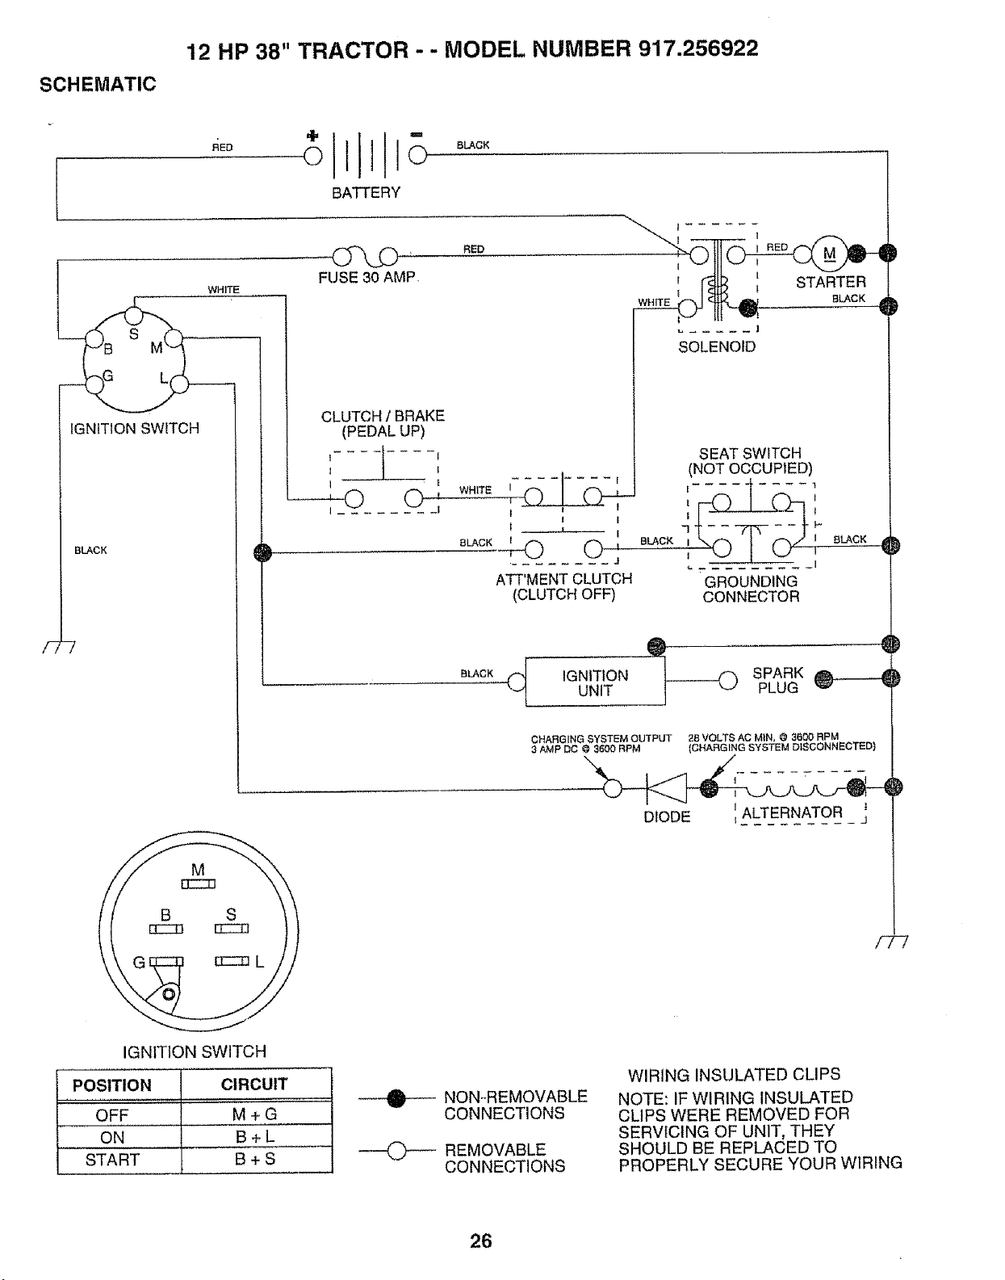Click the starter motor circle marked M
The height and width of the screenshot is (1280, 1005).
point(829,254)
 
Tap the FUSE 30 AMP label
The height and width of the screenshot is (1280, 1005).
point(366,278)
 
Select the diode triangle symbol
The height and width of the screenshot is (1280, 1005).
point(667,787)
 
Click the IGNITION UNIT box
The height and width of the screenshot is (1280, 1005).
point(595,682)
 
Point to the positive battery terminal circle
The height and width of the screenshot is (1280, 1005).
point(312,156)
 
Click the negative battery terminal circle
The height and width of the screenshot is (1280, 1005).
point(417,155)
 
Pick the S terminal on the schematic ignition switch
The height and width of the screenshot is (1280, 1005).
point(134,317)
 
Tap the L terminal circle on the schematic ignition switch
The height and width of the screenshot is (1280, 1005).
point(179,384)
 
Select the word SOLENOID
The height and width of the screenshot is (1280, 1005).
point(717,346)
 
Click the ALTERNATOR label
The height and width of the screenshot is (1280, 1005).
point(792,813)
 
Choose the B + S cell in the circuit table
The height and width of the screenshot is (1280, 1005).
point(256,1159)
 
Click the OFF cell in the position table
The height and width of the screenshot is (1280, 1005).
point(112,1115)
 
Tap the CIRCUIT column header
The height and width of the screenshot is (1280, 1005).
point(254,1084)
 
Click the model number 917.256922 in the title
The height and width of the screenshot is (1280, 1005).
point(698,48)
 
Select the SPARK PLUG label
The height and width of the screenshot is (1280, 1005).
point(777,680)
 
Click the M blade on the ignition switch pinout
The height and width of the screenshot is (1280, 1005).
point(199,884)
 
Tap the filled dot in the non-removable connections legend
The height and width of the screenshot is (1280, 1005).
point(397,1098)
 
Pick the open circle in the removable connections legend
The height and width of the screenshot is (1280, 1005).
point(397,1151)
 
